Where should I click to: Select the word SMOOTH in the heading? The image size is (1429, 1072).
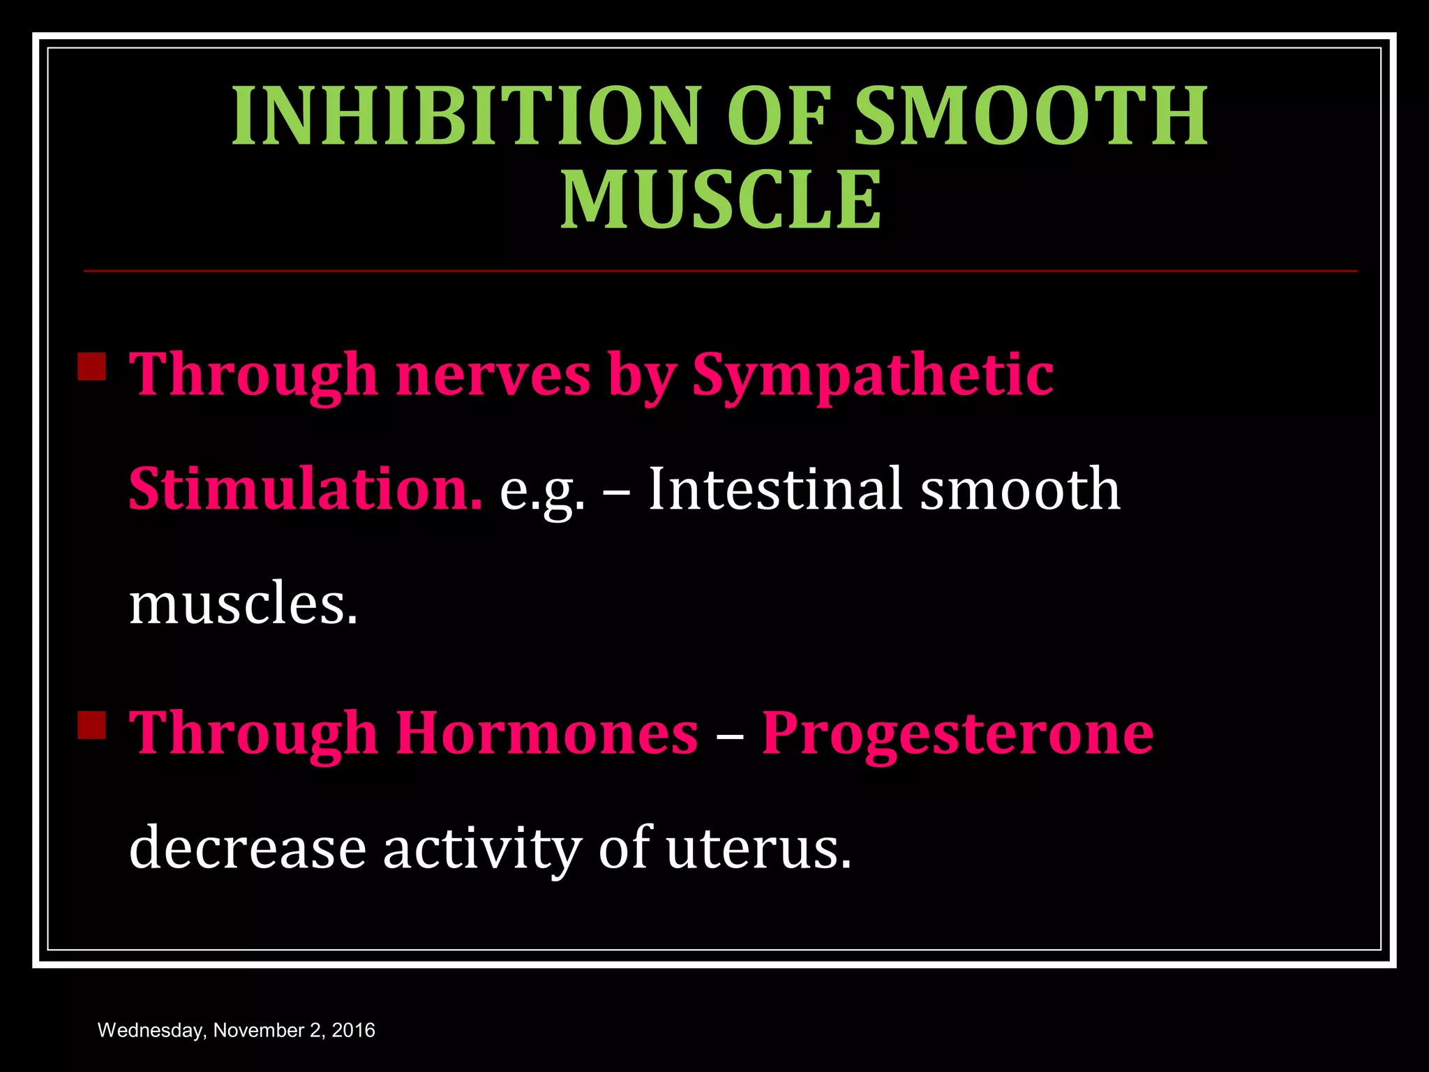(1031, 116)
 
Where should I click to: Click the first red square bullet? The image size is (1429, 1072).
(91, 366)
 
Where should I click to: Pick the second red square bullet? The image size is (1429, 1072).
(91, 725)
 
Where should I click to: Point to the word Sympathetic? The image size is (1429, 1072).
(872, 375)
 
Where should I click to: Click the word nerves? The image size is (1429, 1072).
(493, 375)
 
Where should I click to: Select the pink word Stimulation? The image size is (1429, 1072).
(305, 489)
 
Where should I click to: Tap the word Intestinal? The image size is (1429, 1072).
(775, 489)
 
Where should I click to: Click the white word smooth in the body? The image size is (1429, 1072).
(1019, 489)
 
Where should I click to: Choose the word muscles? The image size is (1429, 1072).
(243, 604)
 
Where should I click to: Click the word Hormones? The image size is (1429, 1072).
(547, 734)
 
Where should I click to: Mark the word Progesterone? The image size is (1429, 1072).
(957, 734)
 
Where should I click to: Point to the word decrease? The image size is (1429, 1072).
(248, 848)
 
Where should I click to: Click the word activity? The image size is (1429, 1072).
(481, 848)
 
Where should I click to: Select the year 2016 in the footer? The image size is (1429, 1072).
(353, 1030)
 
